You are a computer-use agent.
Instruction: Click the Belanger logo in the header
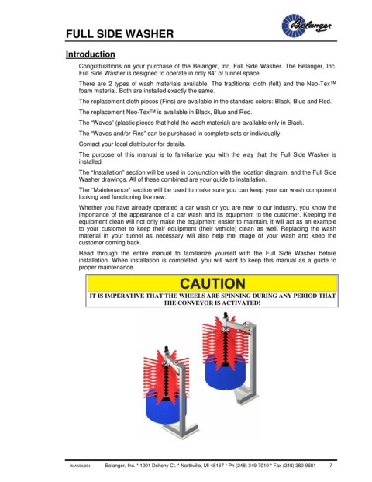306,26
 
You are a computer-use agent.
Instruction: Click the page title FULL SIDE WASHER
119,34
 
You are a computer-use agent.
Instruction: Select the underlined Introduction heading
90,54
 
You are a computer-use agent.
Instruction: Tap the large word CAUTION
212,283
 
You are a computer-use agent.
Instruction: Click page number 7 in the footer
331,465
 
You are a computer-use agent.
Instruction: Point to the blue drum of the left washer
162,406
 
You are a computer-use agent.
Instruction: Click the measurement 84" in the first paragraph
208,73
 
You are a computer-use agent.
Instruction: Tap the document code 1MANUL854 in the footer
77,466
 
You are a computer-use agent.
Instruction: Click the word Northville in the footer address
191,466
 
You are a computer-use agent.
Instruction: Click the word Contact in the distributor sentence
88,144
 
